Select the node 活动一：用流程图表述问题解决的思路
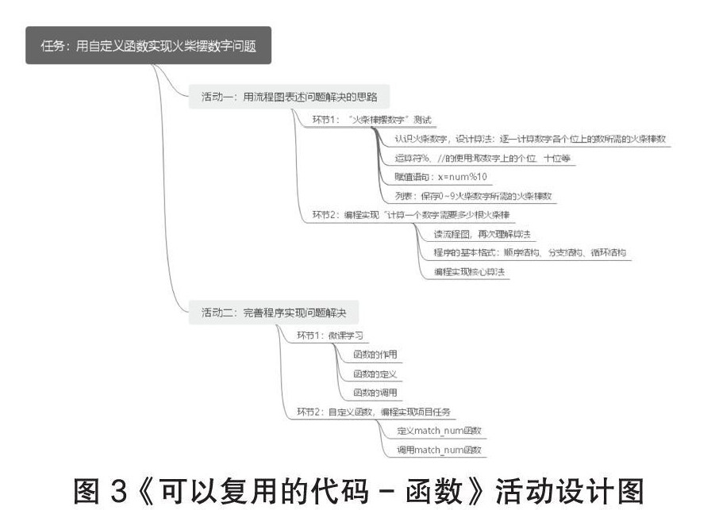[290, 98]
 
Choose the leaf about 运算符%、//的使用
[482, 158]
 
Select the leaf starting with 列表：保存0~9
[473, 196]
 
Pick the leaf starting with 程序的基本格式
[530, 253]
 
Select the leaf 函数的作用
[375, 354]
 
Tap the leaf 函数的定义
[375, 373]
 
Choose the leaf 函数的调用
[375, 392]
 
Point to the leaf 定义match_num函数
[440, 431]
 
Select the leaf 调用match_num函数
[440, 450]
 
